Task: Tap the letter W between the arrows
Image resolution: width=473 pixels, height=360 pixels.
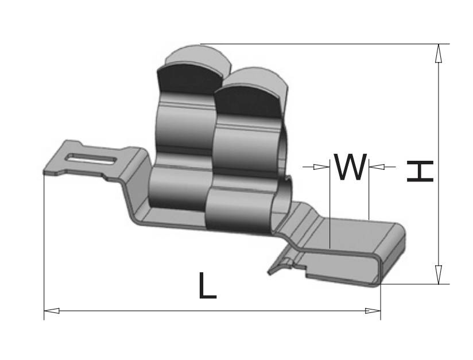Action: click(350, 167)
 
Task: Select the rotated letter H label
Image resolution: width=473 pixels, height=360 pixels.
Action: click(420, 171)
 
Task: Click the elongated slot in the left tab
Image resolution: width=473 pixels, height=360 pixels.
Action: click(92, 157)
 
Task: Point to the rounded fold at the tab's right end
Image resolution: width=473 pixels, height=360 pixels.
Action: click(396, 253)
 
